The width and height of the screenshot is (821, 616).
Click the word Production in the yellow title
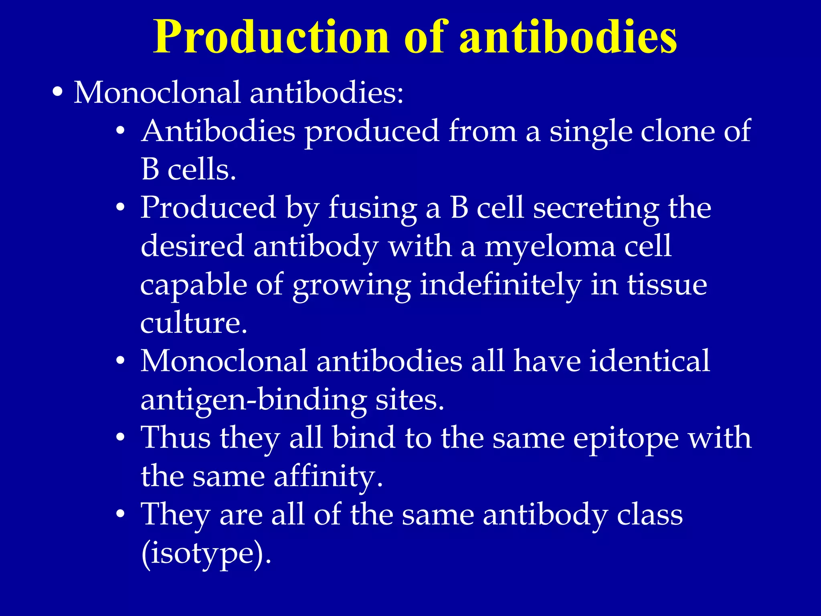[x=271, y=37]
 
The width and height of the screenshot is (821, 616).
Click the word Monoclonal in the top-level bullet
[x=157, y=93]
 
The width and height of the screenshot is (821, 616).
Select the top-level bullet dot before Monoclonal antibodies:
[x=58, y=93]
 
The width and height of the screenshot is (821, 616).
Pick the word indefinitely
[x=501, y=285]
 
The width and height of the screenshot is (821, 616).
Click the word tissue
[x=667, y=284]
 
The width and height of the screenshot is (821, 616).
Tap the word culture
[x=193, y=322]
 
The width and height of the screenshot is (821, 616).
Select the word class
[x=649, y=515]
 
